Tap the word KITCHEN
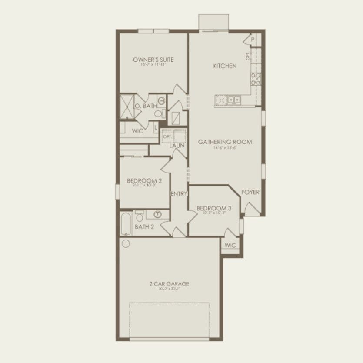[225, 66]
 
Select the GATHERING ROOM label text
[225, 142]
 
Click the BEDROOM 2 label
[141, 180]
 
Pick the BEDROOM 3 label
[213, 208]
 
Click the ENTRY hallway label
[179, 194]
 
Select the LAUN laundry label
[177, 146]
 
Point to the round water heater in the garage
[126, 243]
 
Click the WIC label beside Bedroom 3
[230, 246]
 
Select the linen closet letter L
[156, 127]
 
